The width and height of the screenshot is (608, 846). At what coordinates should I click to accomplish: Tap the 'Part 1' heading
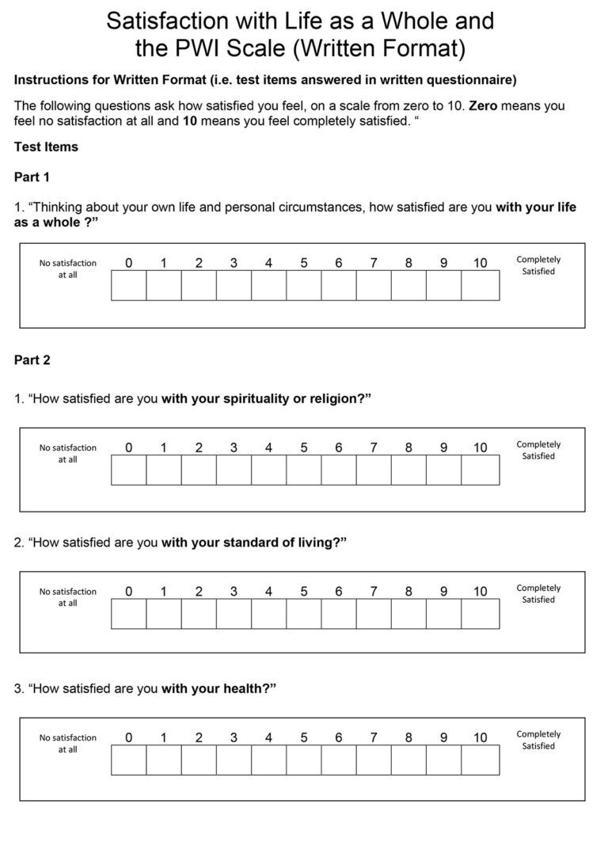pyautogui.click(x=32, y=177)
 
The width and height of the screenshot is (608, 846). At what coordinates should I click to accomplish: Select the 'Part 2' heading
pyautogui.click(x=32, y=360)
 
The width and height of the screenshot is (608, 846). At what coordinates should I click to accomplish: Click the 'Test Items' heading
pyautogui.click(x=46, y=147)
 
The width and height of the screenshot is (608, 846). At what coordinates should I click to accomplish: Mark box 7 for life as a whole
pyautogui.click(x=374, y=285)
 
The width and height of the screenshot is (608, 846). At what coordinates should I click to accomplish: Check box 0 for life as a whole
pyautogui.click(x=128, y=285)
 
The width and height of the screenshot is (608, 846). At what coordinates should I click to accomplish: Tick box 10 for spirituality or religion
pyautogui.click(x=480, y=470)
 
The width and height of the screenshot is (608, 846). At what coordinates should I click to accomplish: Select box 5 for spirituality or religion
pyautogui.click(x=304, y=470)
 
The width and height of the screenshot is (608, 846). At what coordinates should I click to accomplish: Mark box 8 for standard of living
pyautogui.click(x=408, y=613)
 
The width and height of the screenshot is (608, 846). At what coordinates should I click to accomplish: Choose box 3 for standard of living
pyautogui.click(x=234, y=613)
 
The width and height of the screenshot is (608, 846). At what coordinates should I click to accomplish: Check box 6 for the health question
pyautogui.click(x=339, y=760)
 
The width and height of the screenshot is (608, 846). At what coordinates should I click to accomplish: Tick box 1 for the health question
pyautogui.click(x=163, y=760)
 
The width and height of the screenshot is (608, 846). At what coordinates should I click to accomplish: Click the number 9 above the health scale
pyautogui.click(x=443, y=737)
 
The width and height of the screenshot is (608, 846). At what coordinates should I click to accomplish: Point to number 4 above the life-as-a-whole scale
pyautogui.click(x=268, y=264)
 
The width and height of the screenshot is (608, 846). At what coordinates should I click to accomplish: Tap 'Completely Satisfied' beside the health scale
pyautogui.click(x=538, y=740)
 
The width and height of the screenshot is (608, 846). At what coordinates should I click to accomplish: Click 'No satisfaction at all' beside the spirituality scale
pyautogui.click(x=68, y=453)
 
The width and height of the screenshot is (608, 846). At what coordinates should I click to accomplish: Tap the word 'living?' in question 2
pyautogui.click(x=325, y=543)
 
